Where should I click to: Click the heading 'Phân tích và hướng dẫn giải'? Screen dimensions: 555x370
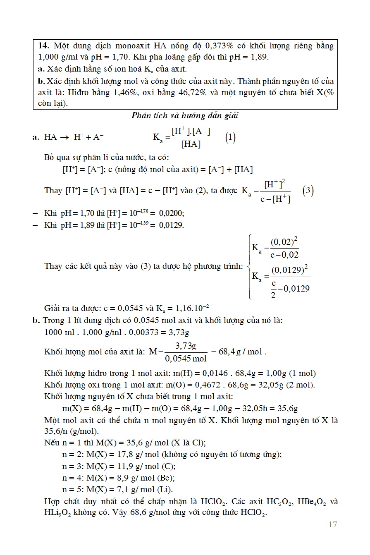click(185, 116)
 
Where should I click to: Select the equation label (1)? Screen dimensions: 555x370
click(230, 138)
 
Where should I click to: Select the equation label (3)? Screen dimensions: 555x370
click(308, 191)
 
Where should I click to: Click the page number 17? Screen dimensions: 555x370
click(333, 524)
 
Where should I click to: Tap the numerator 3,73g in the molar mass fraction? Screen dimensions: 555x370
click(186, 346)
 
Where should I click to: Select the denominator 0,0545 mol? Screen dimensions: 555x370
click(186, 358)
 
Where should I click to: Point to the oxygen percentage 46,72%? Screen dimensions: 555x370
click(192, 93)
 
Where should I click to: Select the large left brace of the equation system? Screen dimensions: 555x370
click(249, 266)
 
